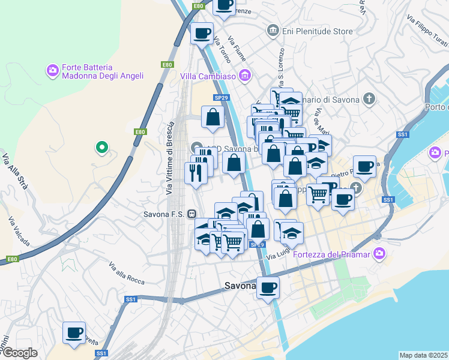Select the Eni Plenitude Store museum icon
pos(273,29)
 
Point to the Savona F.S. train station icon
pos(191,213)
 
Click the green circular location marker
pos(102,146)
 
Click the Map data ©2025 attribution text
pos(423,355)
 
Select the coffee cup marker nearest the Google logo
pos(74,332)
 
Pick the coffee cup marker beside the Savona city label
pos(268,287)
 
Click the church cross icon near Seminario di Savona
pos(369,98)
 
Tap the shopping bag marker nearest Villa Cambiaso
pos(212,118)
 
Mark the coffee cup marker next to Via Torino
pos(202,32)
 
